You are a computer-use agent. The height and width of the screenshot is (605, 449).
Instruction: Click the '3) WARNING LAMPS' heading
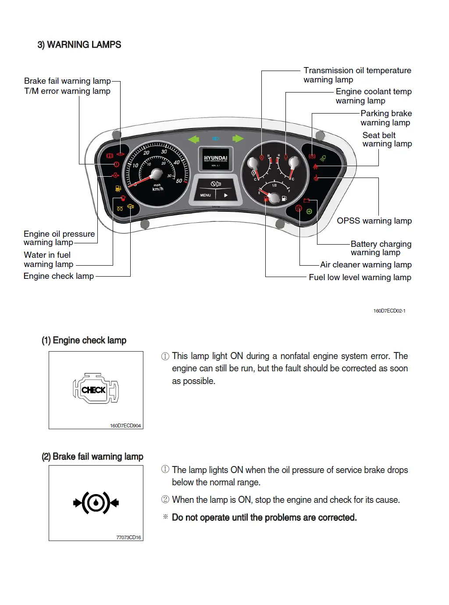point(79,45)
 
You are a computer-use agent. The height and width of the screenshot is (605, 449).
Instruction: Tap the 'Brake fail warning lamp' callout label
point(67,81)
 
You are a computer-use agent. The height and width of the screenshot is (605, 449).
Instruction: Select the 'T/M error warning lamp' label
point(67,91)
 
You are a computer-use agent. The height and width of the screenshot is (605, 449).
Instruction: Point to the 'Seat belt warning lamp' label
point(387,139)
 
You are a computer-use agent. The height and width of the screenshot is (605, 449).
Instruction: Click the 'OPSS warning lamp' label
point(374,221)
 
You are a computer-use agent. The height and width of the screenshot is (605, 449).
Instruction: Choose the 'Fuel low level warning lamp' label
point(360,278)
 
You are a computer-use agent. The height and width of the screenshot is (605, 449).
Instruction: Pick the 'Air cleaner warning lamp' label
point(366,265)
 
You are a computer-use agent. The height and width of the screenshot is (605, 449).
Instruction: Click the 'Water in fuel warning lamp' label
point(48,260)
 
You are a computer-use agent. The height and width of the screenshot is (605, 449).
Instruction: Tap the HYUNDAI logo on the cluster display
point(216,159)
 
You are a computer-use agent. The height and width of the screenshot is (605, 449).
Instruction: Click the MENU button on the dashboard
point(206,195)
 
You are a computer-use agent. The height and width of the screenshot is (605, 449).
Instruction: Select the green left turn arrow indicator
point(193,139)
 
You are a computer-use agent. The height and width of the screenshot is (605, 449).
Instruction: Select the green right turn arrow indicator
point(238,139)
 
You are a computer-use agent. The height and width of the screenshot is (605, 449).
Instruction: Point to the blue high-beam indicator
point(216,139)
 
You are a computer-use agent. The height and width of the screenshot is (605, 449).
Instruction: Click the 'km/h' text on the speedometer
point(157,189)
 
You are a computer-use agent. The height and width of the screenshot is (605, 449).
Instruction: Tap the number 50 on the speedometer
point(179,181)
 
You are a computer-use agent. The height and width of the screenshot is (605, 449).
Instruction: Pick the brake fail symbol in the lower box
point(96,503)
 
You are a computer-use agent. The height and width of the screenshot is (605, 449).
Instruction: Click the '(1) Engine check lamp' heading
point(84,341)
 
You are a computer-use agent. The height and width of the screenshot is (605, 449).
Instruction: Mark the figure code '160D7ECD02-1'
point(389,311)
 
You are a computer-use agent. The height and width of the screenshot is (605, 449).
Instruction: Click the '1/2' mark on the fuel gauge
point(274,185)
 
